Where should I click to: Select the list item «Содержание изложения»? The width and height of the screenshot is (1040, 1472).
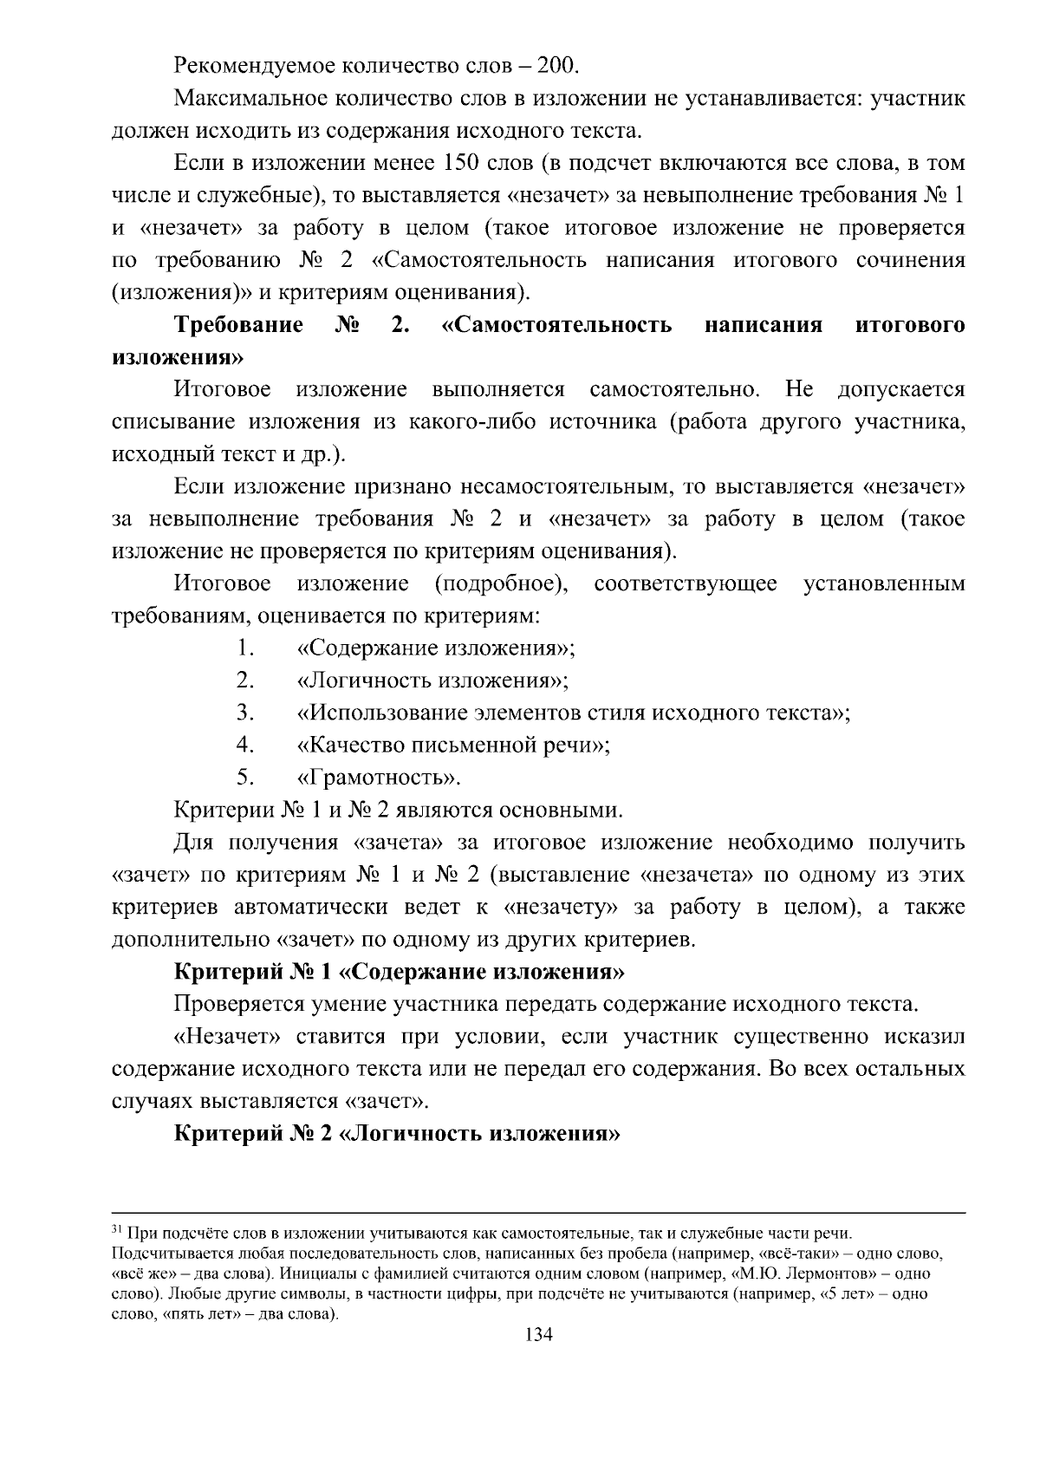(436, 648)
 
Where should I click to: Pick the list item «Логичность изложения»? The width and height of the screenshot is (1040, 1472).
(432, 681)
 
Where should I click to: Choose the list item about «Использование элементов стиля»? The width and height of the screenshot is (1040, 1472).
(573, 713)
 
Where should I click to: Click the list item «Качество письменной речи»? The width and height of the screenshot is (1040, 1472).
(453, 745)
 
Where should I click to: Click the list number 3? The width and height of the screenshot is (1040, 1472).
(244, 713)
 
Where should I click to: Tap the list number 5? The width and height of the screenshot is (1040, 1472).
(244, 777)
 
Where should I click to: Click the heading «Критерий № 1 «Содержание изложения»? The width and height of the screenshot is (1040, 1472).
(400, 972)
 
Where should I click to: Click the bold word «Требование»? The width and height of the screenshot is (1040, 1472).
(238, 325)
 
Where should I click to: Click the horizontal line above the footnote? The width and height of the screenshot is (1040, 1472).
(538, 1214)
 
